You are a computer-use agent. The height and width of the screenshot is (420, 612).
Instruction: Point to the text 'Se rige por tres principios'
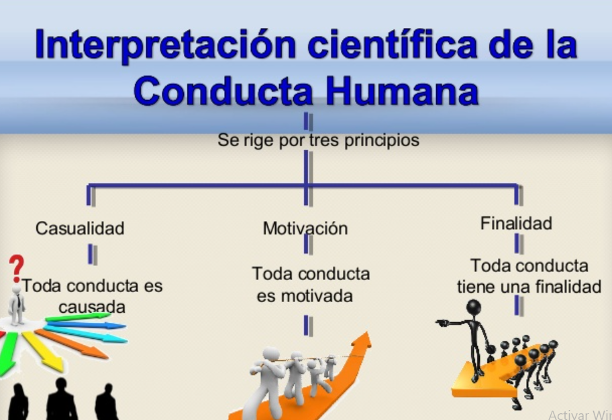(318, 141)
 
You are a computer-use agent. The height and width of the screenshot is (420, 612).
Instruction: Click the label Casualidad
(80, 228)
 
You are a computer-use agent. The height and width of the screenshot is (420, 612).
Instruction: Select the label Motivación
(305, 228)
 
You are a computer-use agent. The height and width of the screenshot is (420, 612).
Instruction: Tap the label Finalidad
(516, 224)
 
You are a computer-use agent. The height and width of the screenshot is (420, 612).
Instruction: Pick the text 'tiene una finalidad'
(529, 287)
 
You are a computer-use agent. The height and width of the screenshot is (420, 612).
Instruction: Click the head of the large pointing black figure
(474, 308)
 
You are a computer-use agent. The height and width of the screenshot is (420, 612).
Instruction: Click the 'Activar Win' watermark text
(579, 415)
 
